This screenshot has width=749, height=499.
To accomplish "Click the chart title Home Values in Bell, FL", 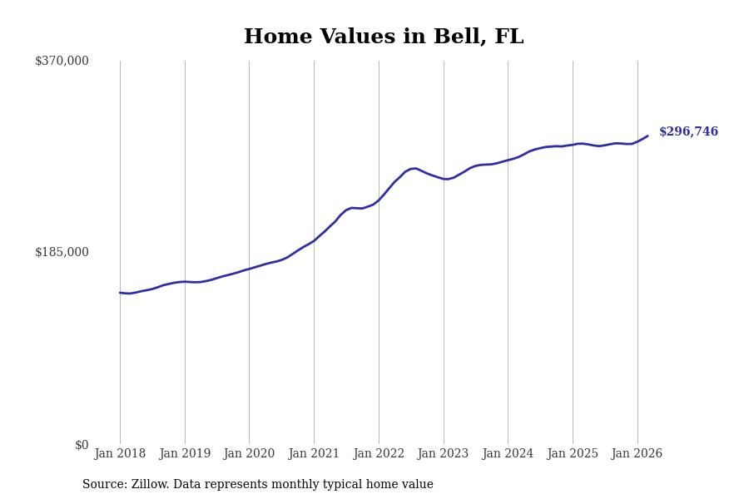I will coord(384,37).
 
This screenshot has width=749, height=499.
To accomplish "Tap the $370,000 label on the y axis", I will coord(62,61).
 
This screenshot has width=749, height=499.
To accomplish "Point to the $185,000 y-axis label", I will coord(62,252).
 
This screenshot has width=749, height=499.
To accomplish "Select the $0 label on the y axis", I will coord(82,445).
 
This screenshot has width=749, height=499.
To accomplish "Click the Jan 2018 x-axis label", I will coord(120,453).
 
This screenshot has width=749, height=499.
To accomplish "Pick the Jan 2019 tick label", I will coord(185,453).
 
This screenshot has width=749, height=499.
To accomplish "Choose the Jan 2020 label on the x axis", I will coord(249,453).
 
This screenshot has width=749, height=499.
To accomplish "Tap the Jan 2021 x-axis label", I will coord(314,453).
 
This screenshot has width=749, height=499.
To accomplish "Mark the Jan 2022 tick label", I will coord(379,453).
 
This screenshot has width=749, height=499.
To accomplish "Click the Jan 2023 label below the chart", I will coord(444,453).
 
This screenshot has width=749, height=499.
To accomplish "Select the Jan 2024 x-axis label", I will coord(508,453).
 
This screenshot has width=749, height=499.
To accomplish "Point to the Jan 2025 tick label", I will coord(573,453).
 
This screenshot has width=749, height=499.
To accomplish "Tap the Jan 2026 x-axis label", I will coord(637,453).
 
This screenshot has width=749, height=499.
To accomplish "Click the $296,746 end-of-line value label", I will coord(688,132).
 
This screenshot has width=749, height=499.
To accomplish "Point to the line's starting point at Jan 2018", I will coord(120,293).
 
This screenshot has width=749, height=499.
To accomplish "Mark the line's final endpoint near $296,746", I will coord(647,136).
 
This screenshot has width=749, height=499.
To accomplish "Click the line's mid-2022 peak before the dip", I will coord(414,168).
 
